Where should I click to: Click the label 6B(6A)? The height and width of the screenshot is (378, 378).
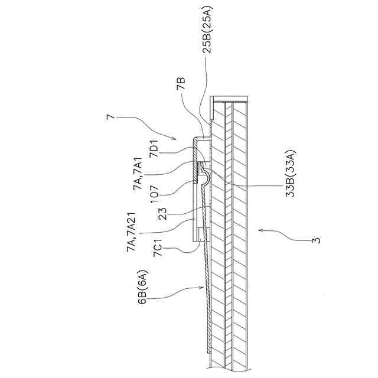pyautogui.click(x=144, y=288)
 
